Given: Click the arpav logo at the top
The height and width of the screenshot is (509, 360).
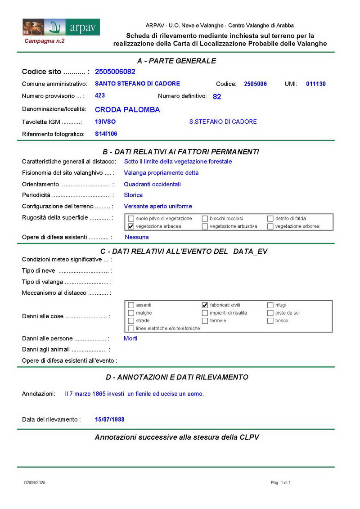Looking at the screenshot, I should [61, 27].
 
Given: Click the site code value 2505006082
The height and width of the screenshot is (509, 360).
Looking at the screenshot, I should [115, 72].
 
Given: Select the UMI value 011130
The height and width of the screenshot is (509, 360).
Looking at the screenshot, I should [315, 84].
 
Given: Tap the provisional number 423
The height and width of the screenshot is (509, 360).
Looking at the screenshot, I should [100, 95].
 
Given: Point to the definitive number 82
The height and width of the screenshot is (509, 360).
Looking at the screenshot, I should [217, 96].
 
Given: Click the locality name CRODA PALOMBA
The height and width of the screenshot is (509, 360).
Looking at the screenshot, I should [127, 109].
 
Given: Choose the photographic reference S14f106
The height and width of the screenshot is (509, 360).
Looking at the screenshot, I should [106, 134].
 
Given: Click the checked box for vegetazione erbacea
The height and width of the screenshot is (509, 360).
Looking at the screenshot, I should [131, 226].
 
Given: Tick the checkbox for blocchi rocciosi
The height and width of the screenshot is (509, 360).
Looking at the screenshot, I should [205, 219].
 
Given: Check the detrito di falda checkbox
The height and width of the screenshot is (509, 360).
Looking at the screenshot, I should [270, 219].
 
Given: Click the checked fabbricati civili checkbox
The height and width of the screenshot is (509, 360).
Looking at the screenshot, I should [205, 305].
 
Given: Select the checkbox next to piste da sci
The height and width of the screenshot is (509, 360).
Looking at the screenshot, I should [270, 313].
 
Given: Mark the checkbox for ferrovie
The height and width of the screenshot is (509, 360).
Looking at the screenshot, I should [205, 321].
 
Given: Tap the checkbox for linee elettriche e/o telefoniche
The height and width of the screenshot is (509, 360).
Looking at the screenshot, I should [131, 329].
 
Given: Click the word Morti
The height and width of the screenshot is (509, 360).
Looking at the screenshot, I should [130, 338].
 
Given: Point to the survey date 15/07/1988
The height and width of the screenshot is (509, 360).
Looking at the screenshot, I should [110, 419].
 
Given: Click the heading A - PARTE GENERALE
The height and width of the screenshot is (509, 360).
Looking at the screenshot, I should [176, 61].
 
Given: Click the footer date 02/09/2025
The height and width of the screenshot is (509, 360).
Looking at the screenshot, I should [35, 483].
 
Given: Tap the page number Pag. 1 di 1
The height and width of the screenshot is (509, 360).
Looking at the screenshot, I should [281, 483].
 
